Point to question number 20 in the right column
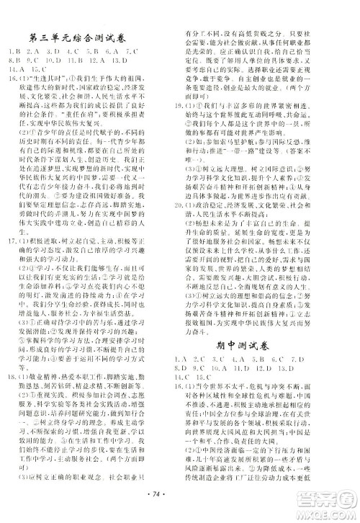(x=194, y=195)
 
